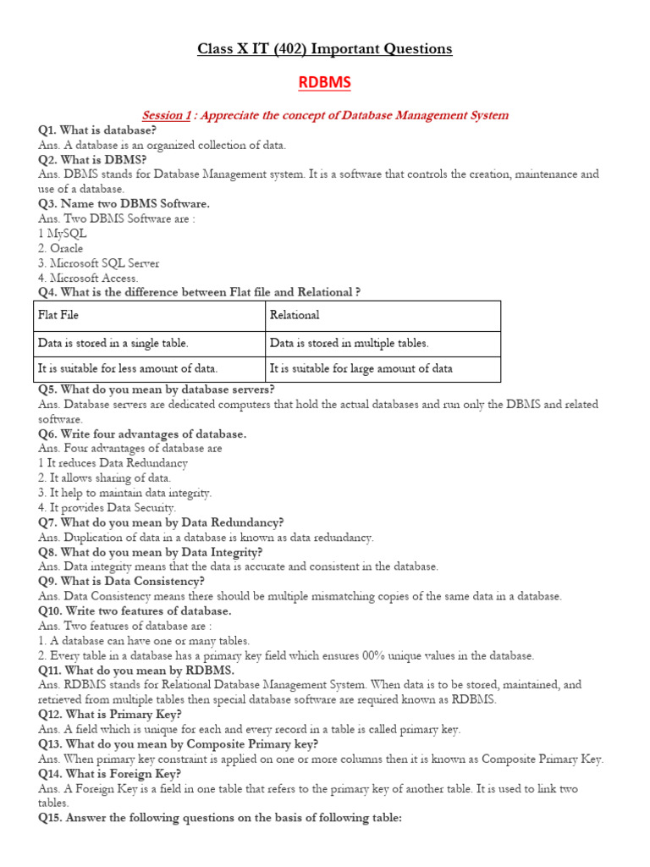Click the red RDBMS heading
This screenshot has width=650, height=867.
(x=325, y=82)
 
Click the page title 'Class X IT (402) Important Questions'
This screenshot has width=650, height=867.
(x=325, y=48)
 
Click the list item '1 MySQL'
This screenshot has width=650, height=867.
(x=63, y=233)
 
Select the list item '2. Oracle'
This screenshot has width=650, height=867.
(x=61, y=248)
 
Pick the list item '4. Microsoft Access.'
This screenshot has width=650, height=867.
(x=88, y=278)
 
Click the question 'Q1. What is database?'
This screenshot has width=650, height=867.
(x=96, y=130)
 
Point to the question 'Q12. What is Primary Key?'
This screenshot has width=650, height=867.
(x=110, y=714)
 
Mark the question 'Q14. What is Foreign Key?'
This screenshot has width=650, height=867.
(x=110, y=773)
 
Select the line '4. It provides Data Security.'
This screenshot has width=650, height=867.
(x=107, y=507)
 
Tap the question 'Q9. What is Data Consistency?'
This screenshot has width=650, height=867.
(x=121, y=581)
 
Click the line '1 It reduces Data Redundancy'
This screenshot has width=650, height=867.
(x=113, y=463)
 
